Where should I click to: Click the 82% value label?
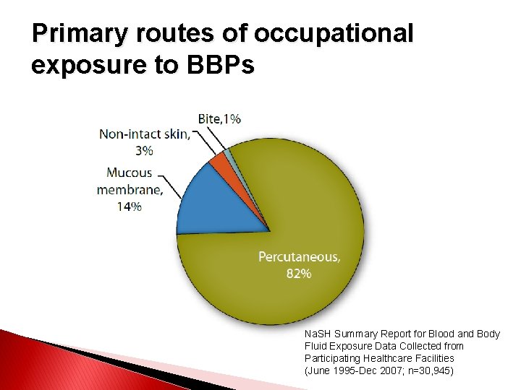click(299, 273)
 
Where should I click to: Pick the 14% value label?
click(130, 206)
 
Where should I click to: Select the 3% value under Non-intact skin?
click(144, 150)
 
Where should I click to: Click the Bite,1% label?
click(220, 118)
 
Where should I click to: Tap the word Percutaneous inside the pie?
click(300, 256)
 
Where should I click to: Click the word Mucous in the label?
click(130, 173)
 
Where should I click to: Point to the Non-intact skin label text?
click(145, 134)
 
